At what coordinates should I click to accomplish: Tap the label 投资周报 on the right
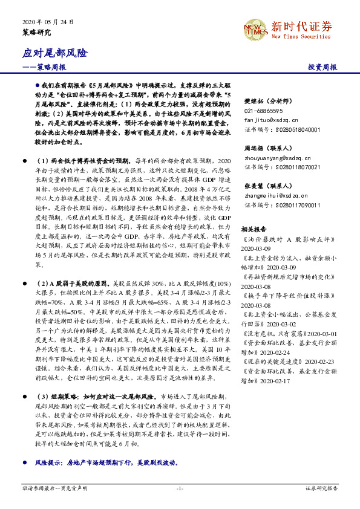click(322, 68)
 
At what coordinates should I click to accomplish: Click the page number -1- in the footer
click(180, 487)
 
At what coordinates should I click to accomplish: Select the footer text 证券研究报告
click(321, 487)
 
